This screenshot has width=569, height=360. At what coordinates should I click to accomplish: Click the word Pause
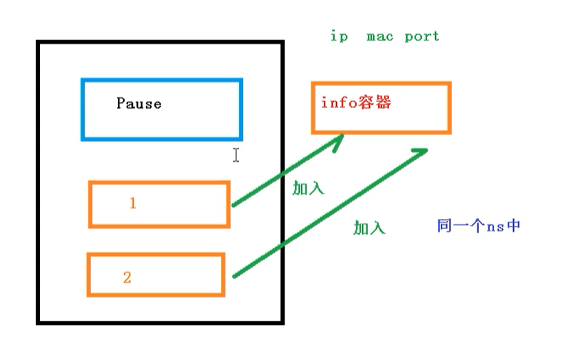pos(138,104)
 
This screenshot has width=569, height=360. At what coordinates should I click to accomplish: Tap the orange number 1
pos(132,204)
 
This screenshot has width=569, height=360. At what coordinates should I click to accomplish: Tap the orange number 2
pos(127,278)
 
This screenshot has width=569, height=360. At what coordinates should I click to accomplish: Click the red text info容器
pos(356,103)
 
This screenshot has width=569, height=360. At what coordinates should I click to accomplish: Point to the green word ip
pos(339,36)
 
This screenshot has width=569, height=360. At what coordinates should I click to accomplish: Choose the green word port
pos(422,36)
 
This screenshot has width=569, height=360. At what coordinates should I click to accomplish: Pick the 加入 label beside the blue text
pos(369,229)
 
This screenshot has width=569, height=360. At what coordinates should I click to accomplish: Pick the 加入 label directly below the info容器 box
pos(308,189)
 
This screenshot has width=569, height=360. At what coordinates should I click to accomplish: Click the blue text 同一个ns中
pos(477,226)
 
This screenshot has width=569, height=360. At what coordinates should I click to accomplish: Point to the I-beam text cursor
pos(236,155)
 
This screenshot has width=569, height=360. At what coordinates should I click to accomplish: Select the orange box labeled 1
pos(158,204)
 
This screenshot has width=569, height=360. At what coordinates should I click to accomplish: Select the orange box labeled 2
pos(156,275)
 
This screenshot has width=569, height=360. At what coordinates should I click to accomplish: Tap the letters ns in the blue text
pos(490,226)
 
